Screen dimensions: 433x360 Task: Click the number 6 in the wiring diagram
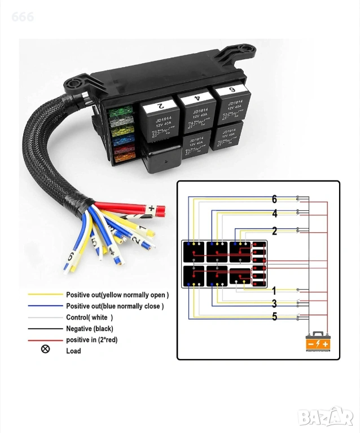274,199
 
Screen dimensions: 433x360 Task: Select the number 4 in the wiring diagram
274,214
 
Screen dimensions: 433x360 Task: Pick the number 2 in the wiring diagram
274,231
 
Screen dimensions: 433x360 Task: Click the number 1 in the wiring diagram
274,291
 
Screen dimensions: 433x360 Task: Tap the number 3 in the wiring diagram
274,304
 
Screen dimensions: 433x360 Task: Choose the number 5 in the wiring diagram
274,316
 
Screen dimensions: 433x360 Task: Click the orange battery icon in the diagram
317,341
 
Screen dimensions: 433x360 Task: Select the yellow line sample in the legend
45,294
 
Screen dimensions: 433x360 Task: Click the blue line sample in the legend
45,306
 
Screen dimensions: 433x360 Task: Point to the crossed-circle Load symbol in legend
46,349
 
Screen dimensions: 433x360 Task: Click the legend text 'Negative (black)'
89,329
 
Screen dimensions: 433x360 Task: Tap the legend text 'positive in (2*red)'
91,340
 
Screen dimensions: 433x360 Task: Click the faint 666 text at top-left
23,17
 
